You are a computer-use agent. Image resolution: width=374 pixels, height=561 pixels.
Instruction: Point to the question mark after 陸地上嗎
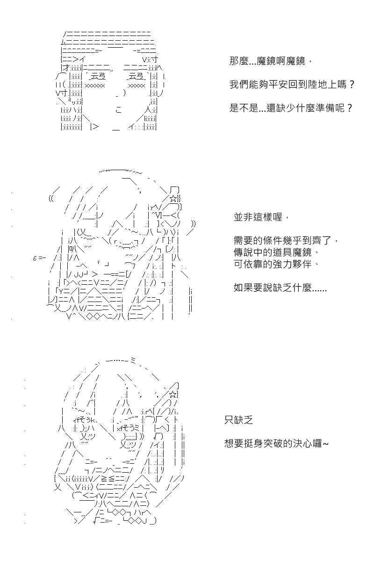pyautogui.click(x=352, y=85)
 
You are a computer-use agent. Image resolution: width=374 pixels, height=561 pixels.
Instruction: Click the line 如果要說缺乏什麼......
pyautogui.click(x=280, y=288)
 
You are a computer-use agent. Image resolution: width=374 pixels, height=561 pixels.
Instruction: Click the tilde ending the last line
pyautogui.click(x=325, y=444)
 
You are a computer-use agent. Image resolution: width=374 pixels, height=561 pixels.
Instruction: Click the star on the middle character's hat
pyautogui.click(x=173, y=199)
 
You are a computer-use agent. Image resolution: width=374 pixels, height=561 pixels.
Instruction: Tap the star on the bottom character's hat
pyautogui.click(x=173, y=395)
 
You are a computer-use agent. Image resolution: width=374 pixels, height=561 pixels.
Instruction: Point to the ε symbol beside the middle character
pyautogui.click(x=35, y=258)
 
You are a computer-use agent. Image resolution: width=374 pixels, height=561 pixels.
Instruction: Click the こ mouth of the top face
pyautogui.click(x=118, y=110)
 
